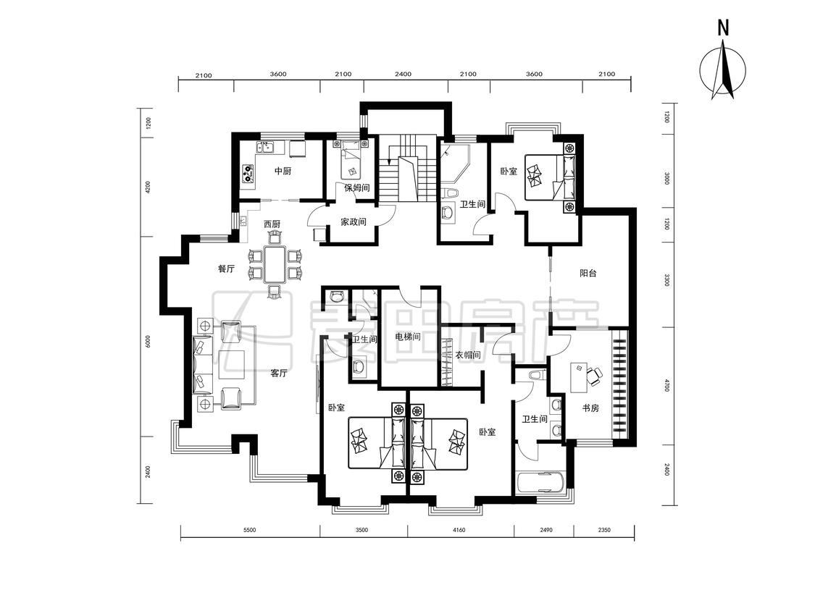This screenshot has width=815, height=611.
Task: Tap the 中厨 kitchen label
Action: click(x=283, y=170)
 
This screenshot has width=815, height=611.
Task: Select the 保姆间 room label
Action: click(x=356, y=187)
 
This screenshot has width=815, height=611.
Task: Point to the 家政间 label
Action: click(x=354, y=222)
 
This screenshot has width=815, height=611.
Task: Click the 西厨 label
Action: click(x=272, y=224)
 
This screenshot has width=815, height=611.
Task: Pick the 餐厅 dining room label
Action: click(x=226, y=269)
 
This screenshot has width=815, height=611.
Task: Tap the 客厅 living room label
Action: click(x=279, y=373)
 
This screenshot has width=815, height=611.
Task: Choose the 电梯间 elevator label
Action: click(x=407, y=337)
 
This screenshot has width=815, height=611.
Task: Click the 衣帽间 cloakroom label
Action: click(x=468, y=355)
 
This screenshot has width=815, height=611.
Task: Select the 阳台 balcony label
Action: click(x=588, y=273)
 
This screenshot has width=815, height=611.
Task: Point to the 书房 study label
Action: click(x=590, y=408)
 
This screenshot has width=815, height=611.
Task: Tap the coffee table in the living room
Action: click(x=231, y=366)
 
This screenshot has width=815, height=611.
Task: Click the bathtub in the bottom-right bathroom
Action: click(x=540, y=483)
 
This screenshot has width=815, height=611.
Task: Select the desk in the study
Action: click(x=579, y=378)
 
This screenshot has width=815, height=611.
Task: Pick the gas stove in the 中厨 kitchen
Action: click(x=248, y=173)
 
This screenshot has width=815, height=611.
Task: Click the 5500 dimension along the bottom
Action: click(x=250, y=530)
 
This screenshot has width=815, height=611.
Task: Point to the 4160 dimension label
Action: click(x=459, y=530)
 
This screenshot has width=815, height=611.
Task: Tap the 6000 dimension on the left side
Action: click(x=148, y=342)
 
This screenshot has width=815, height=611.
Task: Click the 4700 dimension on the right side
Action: click(x=667, y=386)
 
